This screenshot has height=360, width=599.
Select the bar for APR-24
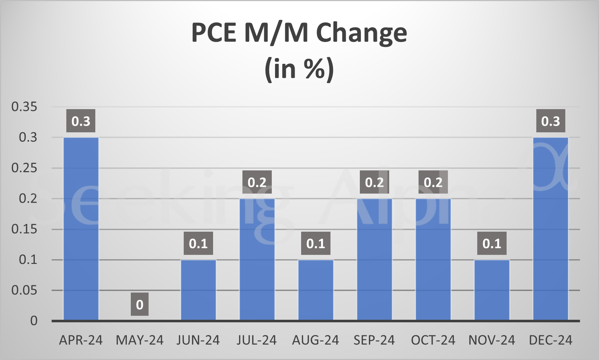point(81,228)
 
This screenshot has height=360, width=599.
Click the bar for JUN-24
point(198,290)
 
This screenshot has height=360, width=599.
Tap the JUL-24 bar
point(257,259)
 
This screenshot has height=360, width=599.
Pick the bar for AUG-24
point(316,290)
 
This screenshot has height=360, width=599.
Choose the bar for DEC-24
point(550,228)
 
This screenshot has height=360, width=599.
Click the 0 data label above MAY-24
point(140,305)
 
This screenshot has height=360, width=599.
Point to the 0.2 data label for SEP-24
point(374,182)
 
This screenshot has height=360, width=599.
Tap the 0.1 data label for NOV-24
point(492,243)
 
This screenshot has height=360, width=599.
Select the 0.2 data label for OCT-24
point(433,182)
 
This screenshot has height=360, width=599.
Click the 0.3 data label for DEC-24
point(550,121)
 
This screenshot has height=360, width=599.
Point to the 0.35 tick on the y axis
point(24,107)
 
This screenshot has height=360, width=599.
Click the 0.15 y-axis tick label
point(24,229)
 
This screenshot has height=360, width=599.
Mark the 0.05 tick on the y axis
point(24,290)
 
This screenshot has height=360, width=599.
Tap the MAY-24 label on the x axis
point(140,340)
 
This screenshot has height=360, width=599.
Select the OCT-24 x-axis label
point(433,340)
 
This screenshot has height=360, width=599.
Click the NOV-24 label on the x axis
point(492,340)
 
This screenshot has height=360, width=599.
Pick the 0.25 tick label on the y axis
point(24,168)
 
